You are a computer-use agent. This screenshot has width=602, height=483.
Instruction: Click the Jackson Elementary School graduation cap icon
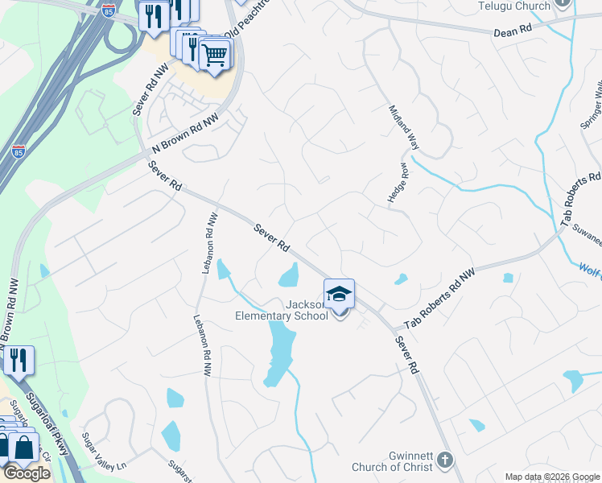[340, 294]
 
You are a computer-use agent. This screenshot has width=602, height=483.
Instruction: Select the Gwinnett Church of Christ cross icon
[443, 461]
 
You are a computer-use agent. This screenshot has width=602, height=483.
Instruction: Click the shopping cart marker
[215, 56]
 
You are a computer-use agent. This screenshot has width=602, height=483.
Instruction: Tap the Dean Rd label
[513, 30]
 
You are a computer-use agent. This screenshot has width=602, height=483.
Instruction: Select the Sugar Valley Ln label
[105, 453]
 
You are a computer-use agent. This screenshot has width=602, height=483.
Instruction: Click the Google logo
[27, 473]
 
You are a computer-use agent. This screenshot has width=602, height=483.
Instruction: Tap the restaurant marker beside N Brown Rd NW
[18, 360]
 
